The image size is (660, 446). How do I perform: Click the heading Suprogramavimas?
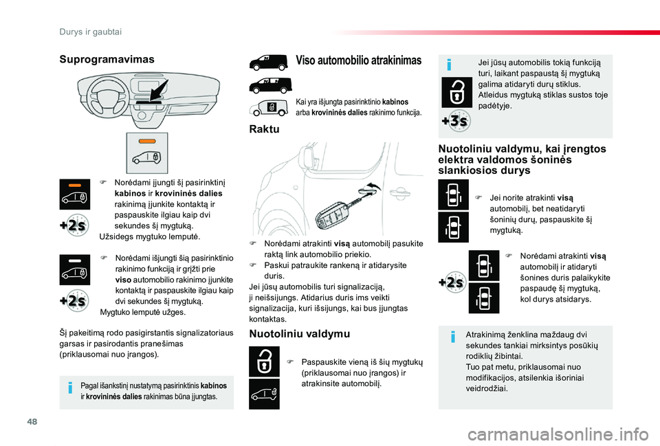(107, 60)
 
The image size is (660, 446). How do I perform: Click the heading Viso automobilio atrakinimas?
(358, 60)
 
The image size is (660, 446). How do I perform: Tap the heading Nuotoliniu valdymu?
(299, 334)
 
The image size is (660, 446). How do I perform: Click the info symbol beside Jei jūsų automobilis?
(448, 65)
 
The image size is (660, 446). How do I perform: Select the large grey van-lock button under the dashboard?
(146, 153)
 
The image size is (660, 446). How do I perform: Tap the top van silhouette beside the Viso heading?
(267, 62)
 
